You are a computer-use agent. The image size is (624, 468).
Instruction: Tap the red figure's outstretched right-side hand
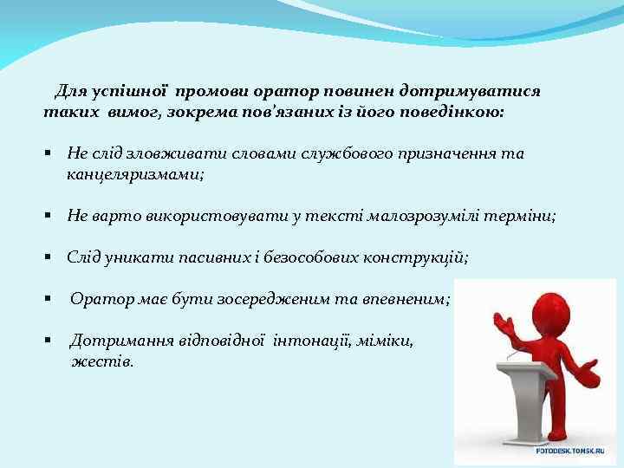[588, 374]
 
